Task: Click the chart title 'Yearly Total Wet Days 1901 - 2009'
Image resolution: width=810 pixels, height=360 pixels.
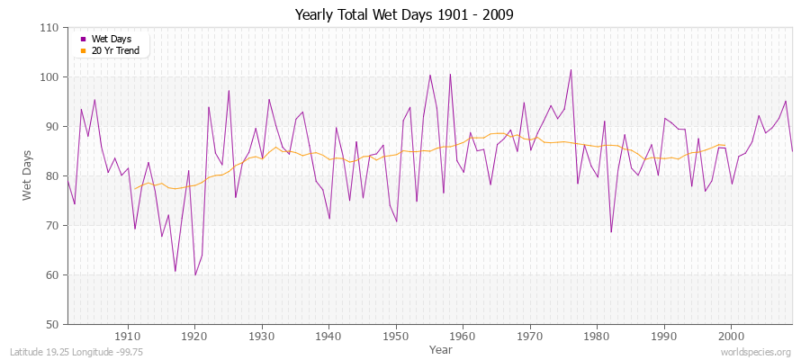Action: pyautogui.click(x=404, y=15)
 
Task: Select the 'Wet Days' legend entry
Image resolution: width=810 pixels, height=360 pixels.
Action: pyautogui.click(x=110, y=39)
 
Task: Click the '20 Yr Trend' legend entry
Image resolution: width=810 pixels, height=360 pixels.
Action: pyautogui.click(x=114, y=50)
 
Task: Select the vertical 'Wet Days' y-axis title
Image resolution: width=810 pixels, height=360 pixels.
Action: pyautogui.click(x=28, y=175)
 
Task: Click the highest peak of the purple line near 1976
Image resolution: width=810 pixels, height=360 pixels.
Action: pyautogui.click(x=571, y=70)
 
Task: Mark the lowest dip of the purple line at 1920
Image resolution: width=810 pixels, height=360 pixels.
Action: pyautogui.click(x=195, y=274)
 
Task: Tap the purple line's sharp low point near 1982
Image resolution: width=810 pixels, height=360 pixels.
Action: pyautogui.click(x=611, y=232)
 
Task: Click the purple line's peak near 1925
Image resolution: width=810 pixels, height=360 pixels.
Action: pyautogui.click(x=229, y=90)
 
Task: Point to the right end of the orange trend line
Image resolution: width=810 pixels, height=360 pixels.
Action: pyautogui.click(x=724, y=145)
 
